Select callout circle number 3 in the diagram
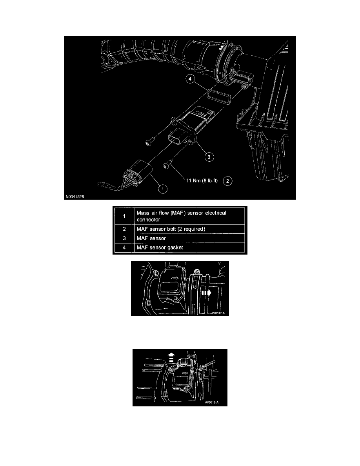(209, 157)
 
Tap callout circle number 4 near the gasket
(189, 80)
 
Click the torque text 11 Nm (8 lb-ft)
(203, 181)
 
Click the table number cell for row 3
(124, 238)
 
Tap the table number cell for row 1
(124, 216)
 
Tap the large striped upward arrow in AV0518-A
(170, 357)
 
